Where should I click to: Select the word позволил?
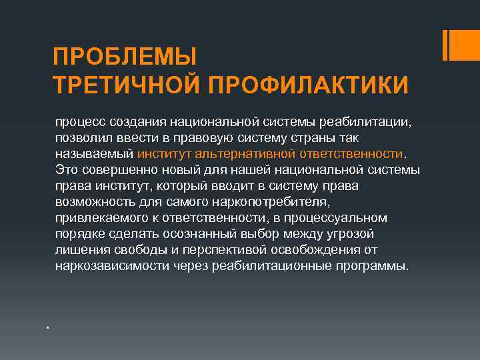81,139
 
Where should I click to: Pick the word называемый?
94,155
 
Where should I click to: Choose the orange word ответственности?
354,155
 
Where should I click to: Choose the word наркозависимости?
111,267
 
